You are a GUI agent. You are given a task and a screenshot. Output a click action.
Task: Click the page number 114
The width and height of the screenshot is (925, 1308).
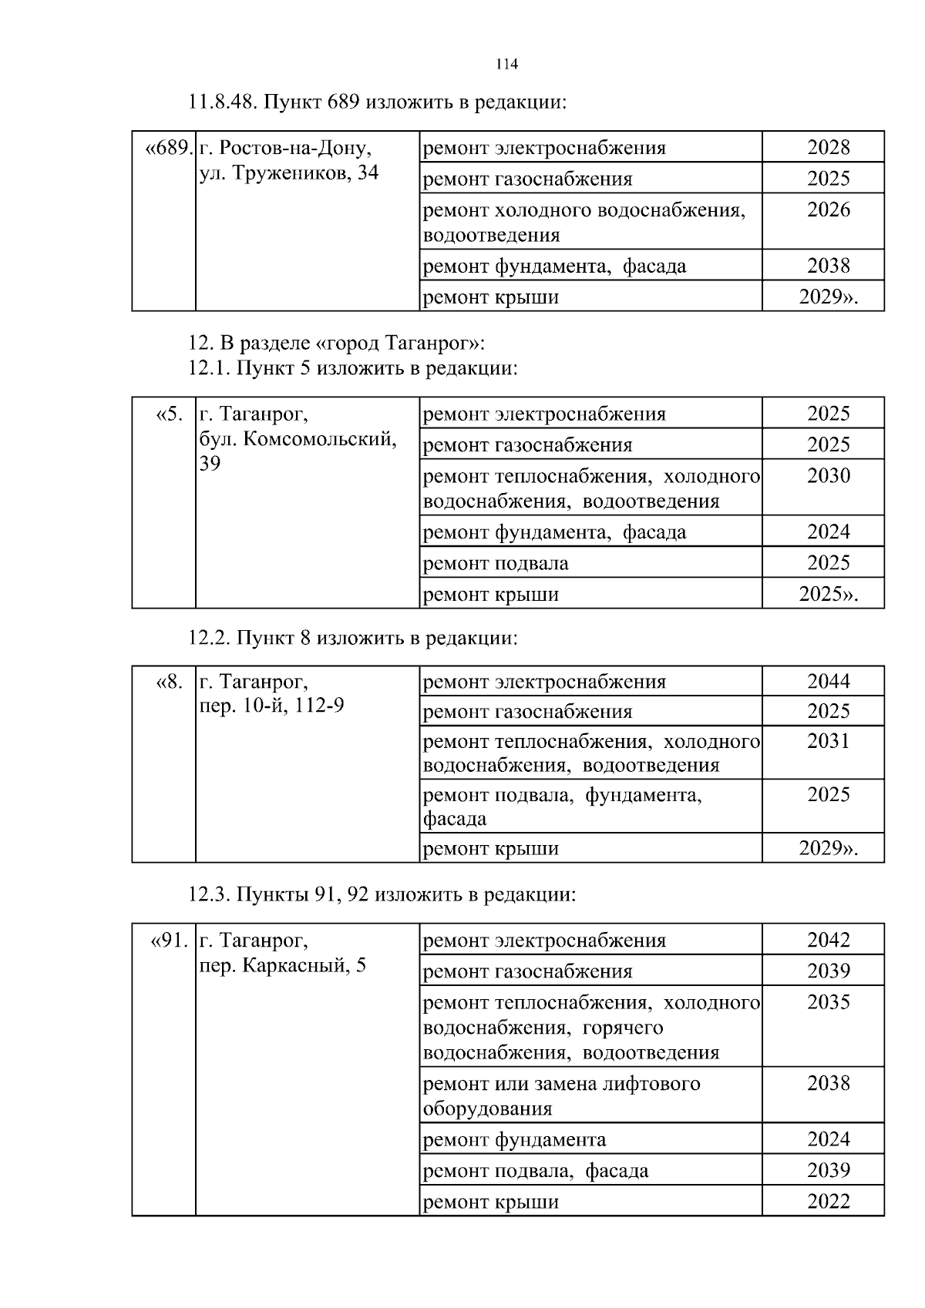(507, 65)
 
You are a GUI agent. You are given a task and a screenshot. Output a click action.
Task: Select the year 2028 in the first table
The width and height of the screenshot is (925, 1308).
(829, 147)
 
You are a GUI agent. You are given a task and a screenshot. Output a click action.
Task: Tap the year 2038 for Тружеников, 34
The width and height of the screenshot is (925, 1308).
(829, 266)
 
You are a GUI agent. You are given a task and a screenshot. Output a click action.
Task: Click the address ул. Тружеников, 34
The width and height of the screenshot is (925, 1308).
(289, 173)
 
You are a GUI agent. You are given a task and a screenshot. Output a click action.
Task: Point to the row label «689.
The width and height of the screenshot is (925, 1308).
(169, 147)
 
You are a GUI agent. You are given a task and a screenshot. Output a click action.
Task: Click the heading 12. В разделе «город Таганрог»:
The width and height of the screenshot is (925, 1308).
(337, 342)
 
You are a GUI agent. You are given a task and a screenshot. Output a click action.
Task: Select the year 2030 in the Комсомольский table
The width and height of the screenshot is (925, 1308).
(829, 476)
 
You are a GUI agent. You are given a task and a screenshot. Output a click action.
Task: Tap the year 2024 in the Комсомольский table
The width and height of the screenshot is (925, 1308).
(829, 532)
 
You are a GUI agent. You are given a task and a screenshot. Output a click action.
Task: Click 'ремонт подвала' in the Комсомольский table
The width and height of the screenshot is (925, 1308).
(496, 563)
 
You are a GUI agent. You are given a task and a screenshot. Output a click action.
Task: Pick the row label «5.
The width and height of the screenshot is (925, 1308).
(170, 414)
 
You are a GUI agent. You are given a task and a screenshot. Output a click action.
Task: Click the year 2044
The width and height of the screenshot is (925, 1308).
(829, 681)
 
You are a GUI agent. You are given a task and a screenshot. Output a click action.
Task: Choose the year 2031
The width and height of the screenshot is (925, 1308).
(829, 741)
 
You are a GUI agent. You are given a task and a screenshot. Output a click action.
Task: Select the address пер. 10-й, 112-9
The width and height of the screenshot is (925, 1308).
(271, 706)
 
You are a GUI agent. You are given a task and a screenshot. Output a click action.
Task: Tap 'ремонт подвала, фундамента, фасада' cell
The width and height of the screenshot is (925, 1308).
(562, 806)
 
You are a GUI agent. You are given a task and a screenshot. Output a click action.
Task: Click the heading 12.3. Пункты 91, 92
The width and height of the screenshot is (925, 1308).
(382, 894)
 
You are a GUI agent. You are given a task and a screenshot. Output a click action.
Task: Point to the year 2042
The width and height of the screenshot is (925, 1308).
(829, 940)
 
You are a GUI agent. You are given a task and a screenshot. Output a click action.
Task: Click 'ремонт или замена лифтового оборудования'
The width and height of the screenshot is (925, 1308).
(561, 1095)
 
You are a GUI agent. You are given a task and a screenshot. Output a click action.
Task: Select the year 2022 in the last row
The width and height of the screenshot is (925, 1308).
(829, 1202)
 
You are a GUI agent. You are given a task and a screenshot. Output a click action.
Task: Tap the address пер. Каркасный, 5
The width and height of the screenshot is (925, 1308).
(282, 965)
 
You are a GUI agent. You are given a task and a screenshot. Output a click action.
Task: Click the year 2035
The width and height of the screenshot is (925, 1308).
(829, 1002)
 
